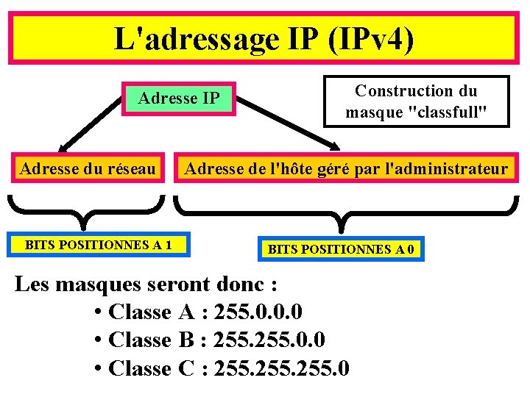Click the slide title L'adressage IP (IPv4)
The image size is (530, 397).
tap(264, 38)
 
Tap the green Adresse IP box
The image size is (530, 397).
tap(179, 98)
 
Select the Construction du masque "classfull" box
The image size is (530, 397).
tap(416, 101)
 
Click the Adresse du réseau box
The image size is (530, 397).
tap(88, 170)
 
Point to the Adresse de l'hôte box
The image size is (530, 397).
tap(346, 170)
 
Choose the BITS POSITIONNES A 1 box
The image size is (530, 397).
tap(98, 245)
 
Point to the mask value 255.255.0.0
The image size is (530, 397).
tap(269, 340)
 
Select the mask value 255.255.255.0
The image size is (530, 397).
tap(281, 368)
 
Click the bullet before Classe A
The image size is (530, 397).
tap(99, 313)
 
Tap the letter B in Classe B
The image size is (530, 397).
tap(185, 340)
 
